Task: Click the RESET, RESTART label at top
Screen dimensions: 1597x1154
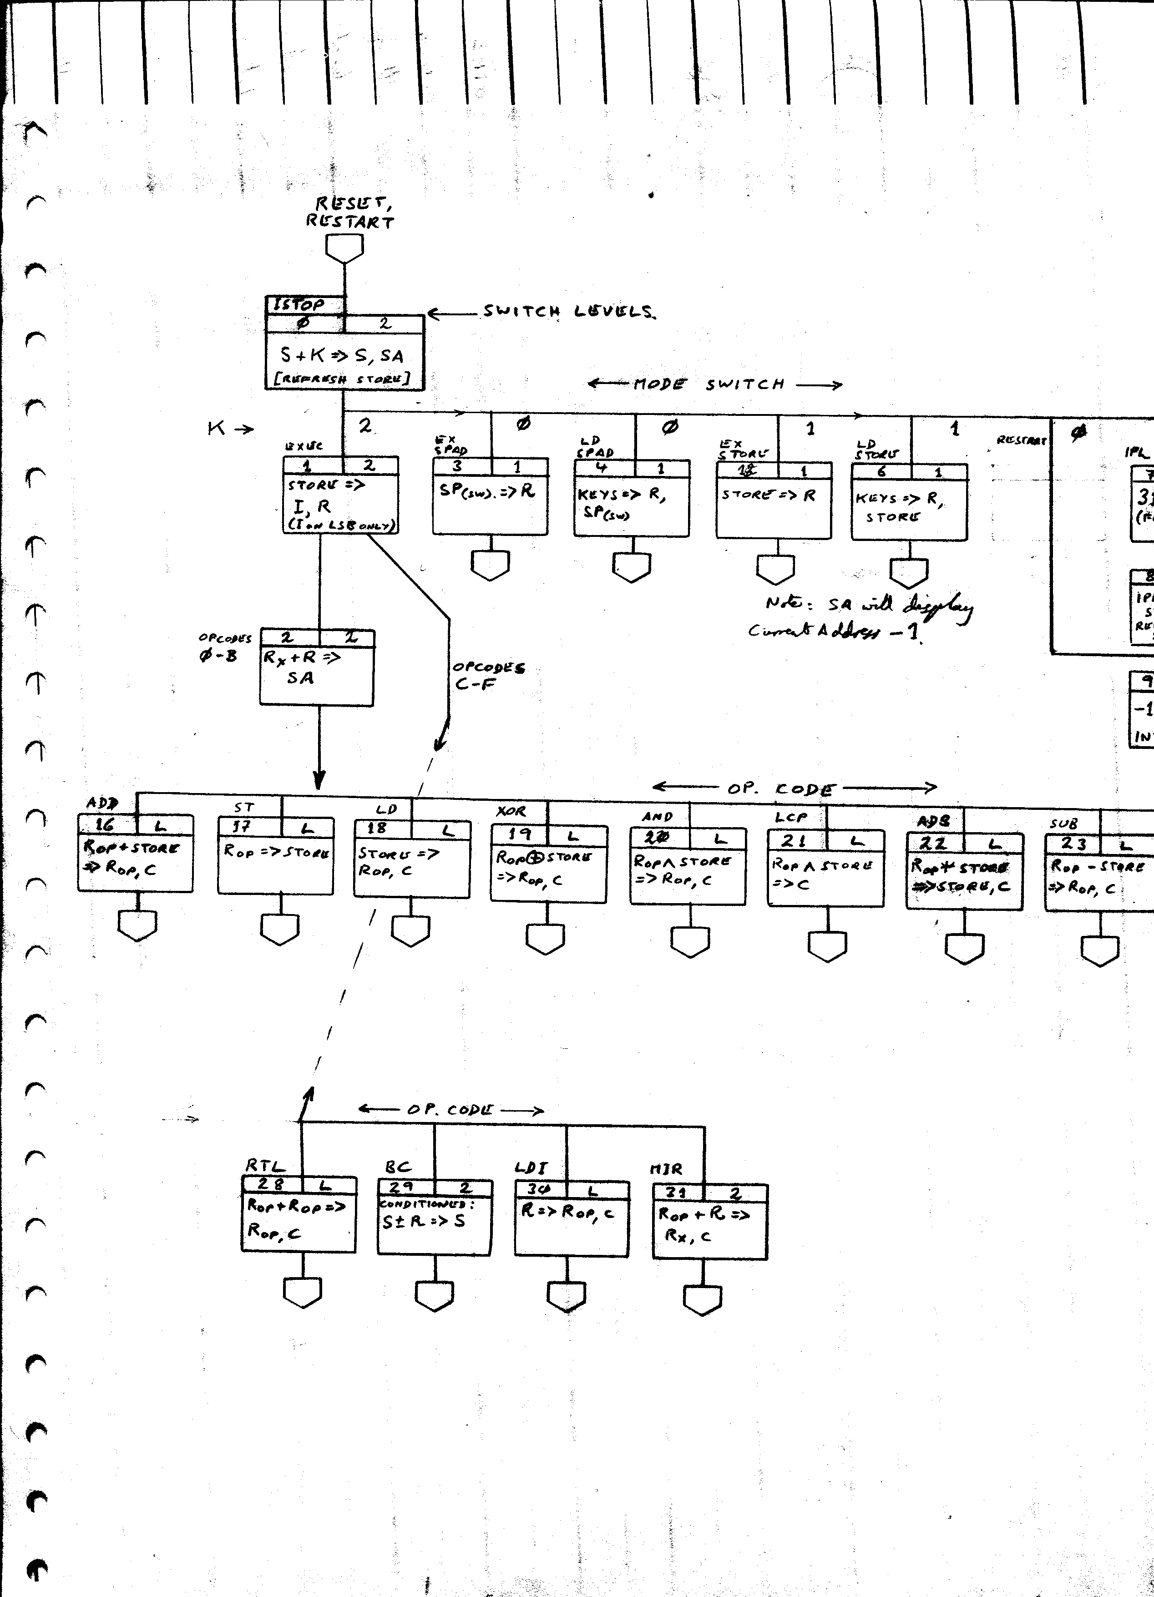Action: (x=349, y=212)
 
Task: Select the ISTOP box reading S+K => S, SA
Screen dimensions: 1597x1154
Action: (x=345, y=352)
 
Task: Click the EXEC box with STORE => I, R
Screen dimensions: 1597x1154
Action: (x=341, y=496)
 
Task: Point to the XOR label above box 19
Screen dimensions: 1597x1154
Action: (x=511, y=812)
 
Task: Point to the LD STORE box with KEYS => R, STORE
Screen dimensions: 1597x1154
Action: (x=909, y=501)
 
